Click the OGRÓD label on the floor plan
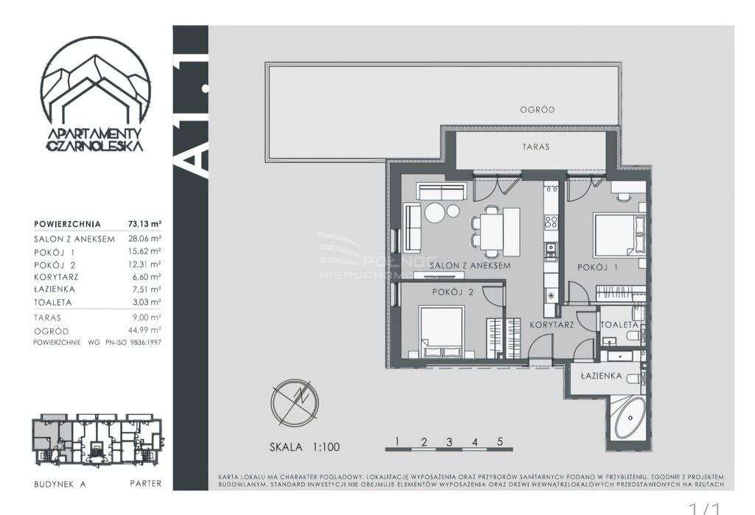(537, 110)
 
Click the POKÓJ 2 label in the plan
(453, 292)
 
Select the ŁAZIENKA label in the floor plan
(602, 376)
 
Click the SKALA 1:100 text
(305, 446)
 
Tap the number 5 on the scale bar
(500, 441)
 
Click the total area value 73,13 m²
(147, 224)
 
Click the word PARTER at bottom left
(145, 484)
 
